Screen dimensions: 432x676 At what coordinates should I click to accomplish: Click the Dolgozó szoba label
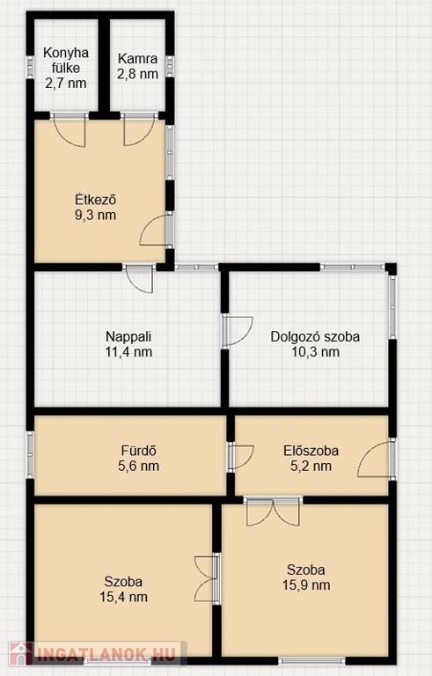coord(315,337)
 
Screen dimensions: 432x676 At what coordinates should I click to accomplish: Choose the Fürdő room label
coord(138,451)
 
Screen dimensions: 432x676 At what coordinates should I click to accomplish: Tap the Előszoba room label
coord(311,451)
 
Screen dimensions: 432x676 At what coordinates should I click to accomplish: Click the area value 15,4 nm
coord(124,597)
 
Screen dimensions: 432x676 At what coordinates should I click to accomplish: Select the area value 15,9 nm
coord(306,585)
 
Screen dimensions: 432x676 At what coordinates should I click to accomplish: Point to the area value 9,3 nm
coord(95,215)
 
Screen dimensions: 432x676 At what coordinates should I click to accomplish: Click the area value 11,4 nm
coord(128,352)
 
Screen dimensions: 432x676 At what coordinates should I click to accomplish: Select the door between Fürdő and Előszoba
coord(240,457)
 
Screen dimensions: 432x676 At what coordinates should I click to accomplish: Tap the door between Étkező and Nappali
coord(138,278)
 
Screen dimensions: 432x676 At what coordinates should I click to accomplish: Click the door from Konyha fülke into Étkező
coord(70,129)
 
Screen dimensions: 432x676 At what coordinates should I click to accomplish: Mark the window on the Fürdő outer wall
coord(30,454)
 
